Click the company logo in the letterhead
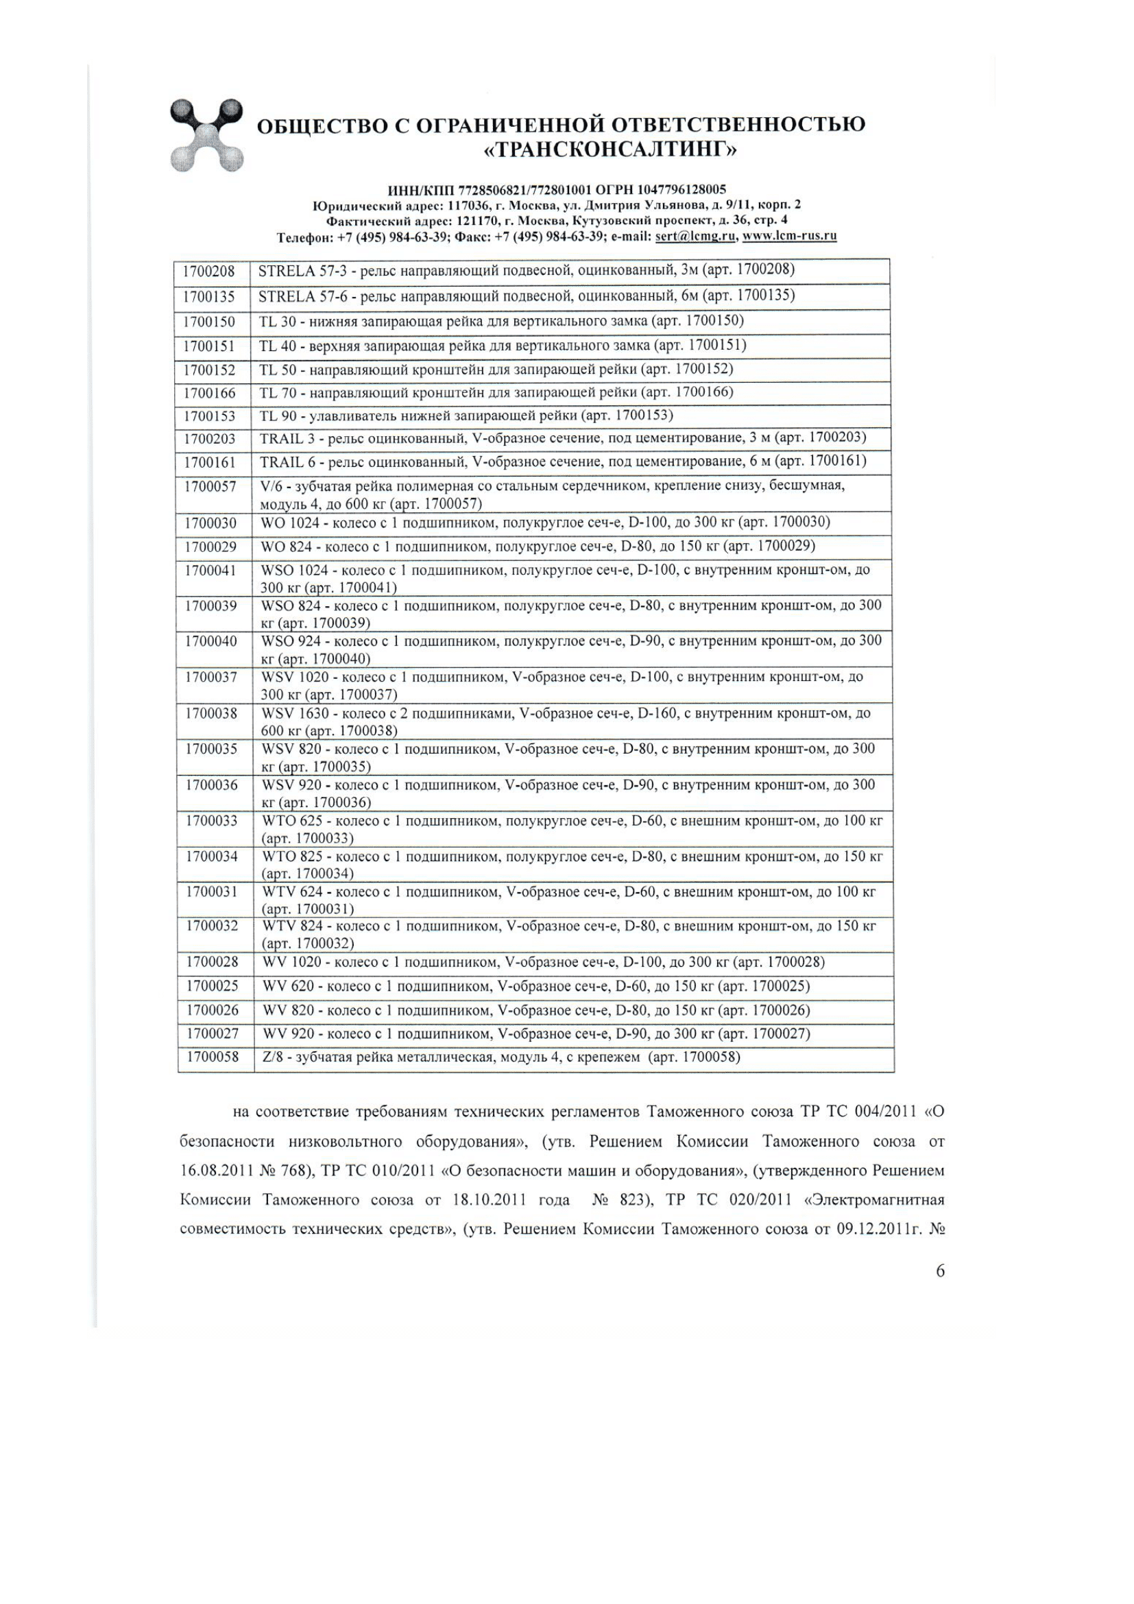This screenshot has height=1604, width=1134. point(206,135)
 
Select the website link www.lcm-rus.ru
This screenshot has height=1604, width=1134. point(789,236)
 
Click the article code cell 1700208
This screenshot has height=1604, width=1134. point(210,271)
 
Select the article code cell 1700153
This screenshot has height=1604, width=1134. point(210,416)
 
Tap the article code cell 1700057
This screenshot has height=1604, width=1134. point(210,486)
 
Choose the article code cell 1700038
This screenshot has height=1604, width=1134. point(211,713)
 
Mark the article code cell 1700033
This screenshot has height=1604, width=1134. point(212,821)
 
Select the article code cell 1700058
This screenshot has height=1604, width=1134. point(213,1057)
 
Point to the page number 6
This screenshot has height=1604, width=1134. point(940,1271)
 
